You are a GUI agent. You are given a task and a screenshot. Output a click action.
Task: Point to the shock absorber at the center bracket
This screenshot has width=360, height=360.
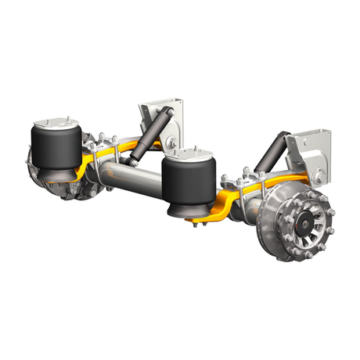pos(149,138)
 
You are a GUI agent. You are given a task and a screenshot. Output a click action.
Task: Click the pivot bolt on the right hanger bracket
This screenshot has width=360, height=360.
pos(321,171)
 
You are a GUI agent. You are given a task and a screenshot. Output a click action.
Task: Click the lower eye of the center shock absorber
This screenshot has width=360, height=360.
pos(131,162)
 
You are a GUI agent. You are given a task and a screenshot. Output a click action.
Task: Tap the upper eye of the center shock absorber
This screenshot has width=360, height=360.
pos(166,113)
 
